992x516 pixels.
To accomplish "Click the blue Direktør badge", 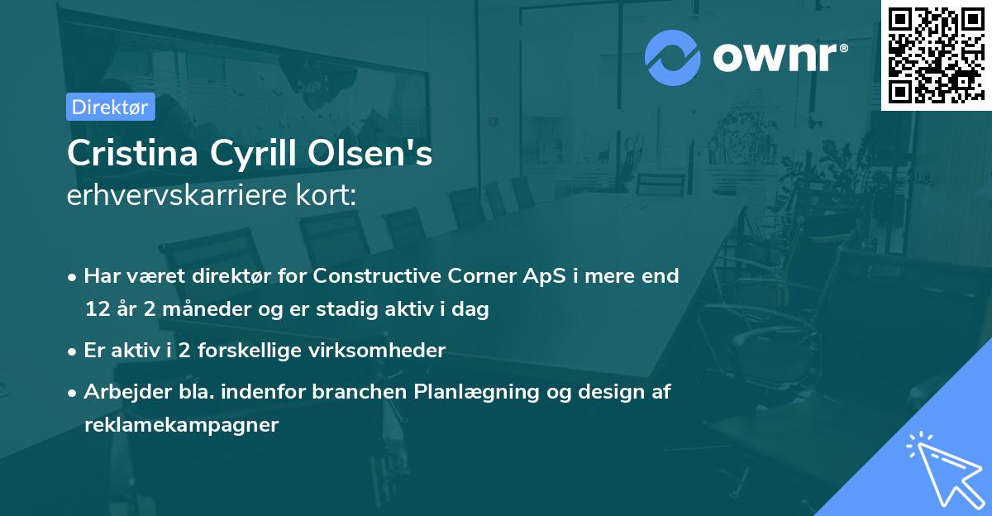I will click(x=109, y=107).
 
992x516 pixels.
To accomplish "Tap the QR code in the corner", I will click(x=936, y=55).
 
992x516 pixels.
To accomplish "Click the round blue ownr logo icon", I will click(x=673, y=57).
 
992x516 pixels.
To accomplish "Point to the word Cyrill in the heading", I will click(x=243, y=154).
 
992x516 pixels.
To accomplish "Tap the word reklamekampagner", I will click(x=182, y=425).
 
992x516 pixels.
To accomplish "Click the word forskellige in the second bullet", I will click(x=259, y=350).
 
